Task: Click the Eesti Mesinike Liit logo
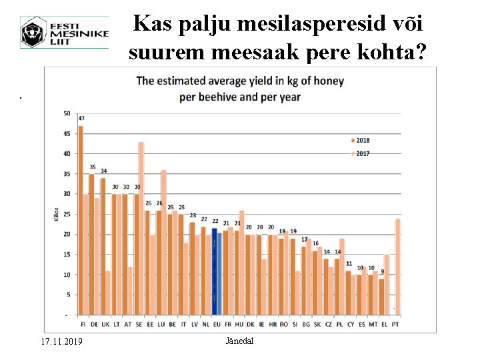coord(64,32)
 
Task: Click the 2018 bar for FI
coord(81,220)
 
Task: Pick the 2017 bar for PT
coord(398,266)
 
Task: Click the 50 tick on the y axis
coord(66,113)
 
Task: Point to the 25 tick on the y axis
coord(66,214)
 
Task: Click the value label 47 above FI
coord(81,119)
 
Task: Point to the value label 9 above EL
coord(382,272)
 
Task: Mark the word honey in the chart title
coord(323,81)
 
